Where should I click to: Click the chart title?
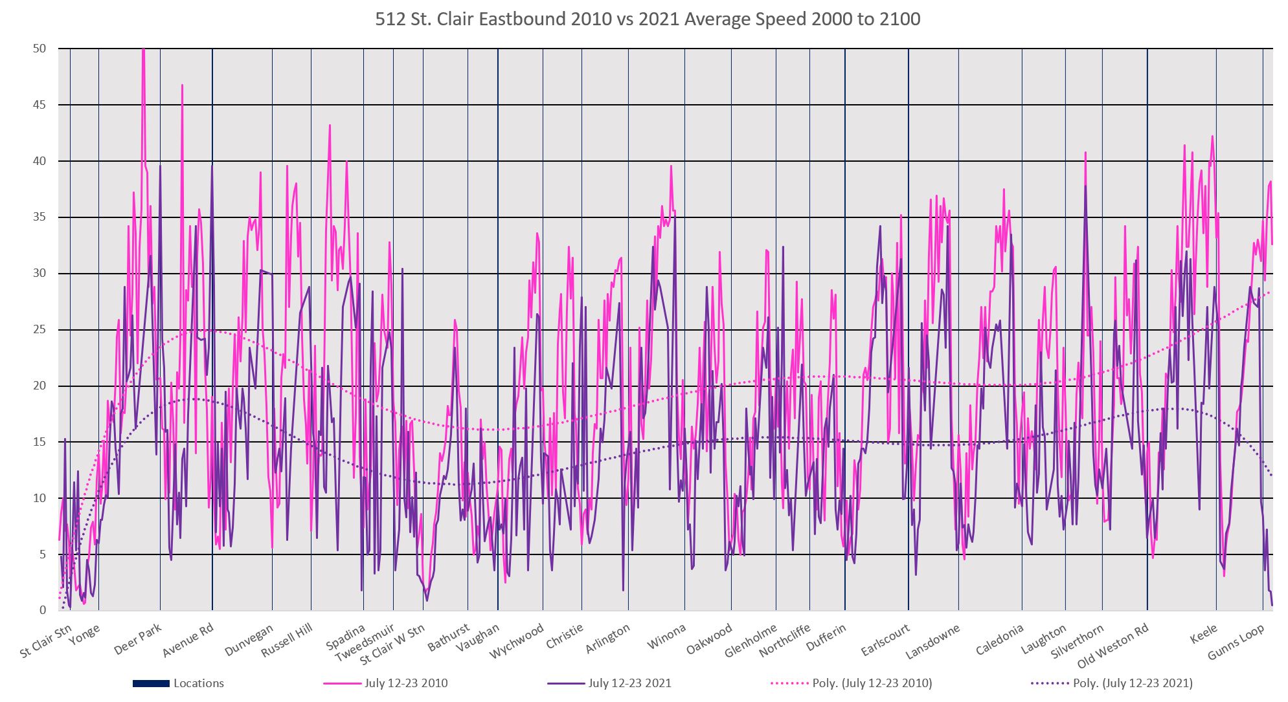tap(647, 19)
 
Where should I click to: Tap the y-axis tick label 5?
tap(43, 554)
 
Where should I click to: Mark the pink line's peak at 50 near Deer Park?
tap(143, 50)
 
